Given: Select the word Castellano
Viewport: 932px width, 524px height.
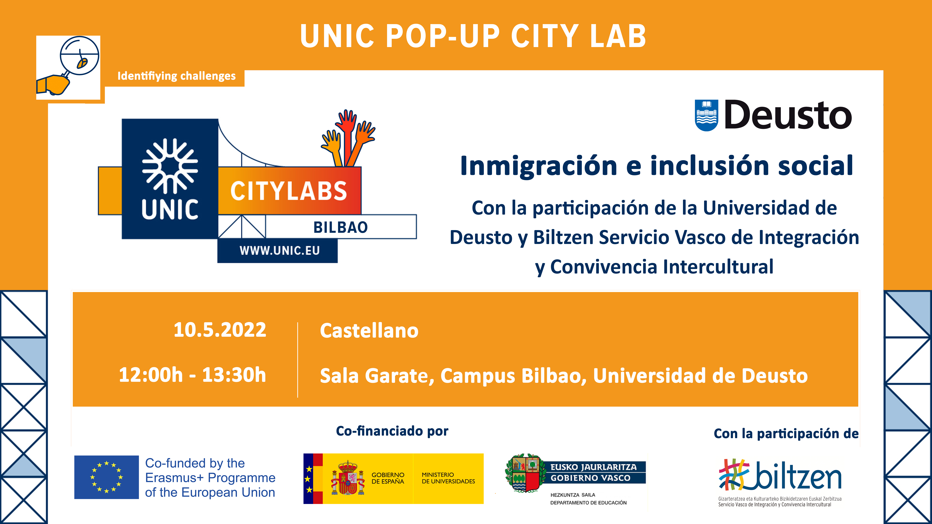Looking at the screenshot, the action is pyautogui.click(x=369, y=331).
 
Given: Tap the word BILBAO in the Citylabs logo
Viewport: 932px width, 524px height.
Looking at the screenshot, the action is pyautogui.click(x=340, y=227).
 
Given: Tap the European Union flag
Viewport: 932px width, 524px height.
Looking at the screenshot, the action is pyautogui.click(x=106, y=477).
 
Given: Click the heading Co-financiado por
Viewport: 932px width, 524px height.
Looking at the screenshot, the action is pyautogui.click(x=392, y=431).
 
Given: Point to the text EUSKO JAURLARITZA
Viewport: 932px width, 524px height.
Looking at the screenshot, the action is pyautogui.click(x=593, y=467).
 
